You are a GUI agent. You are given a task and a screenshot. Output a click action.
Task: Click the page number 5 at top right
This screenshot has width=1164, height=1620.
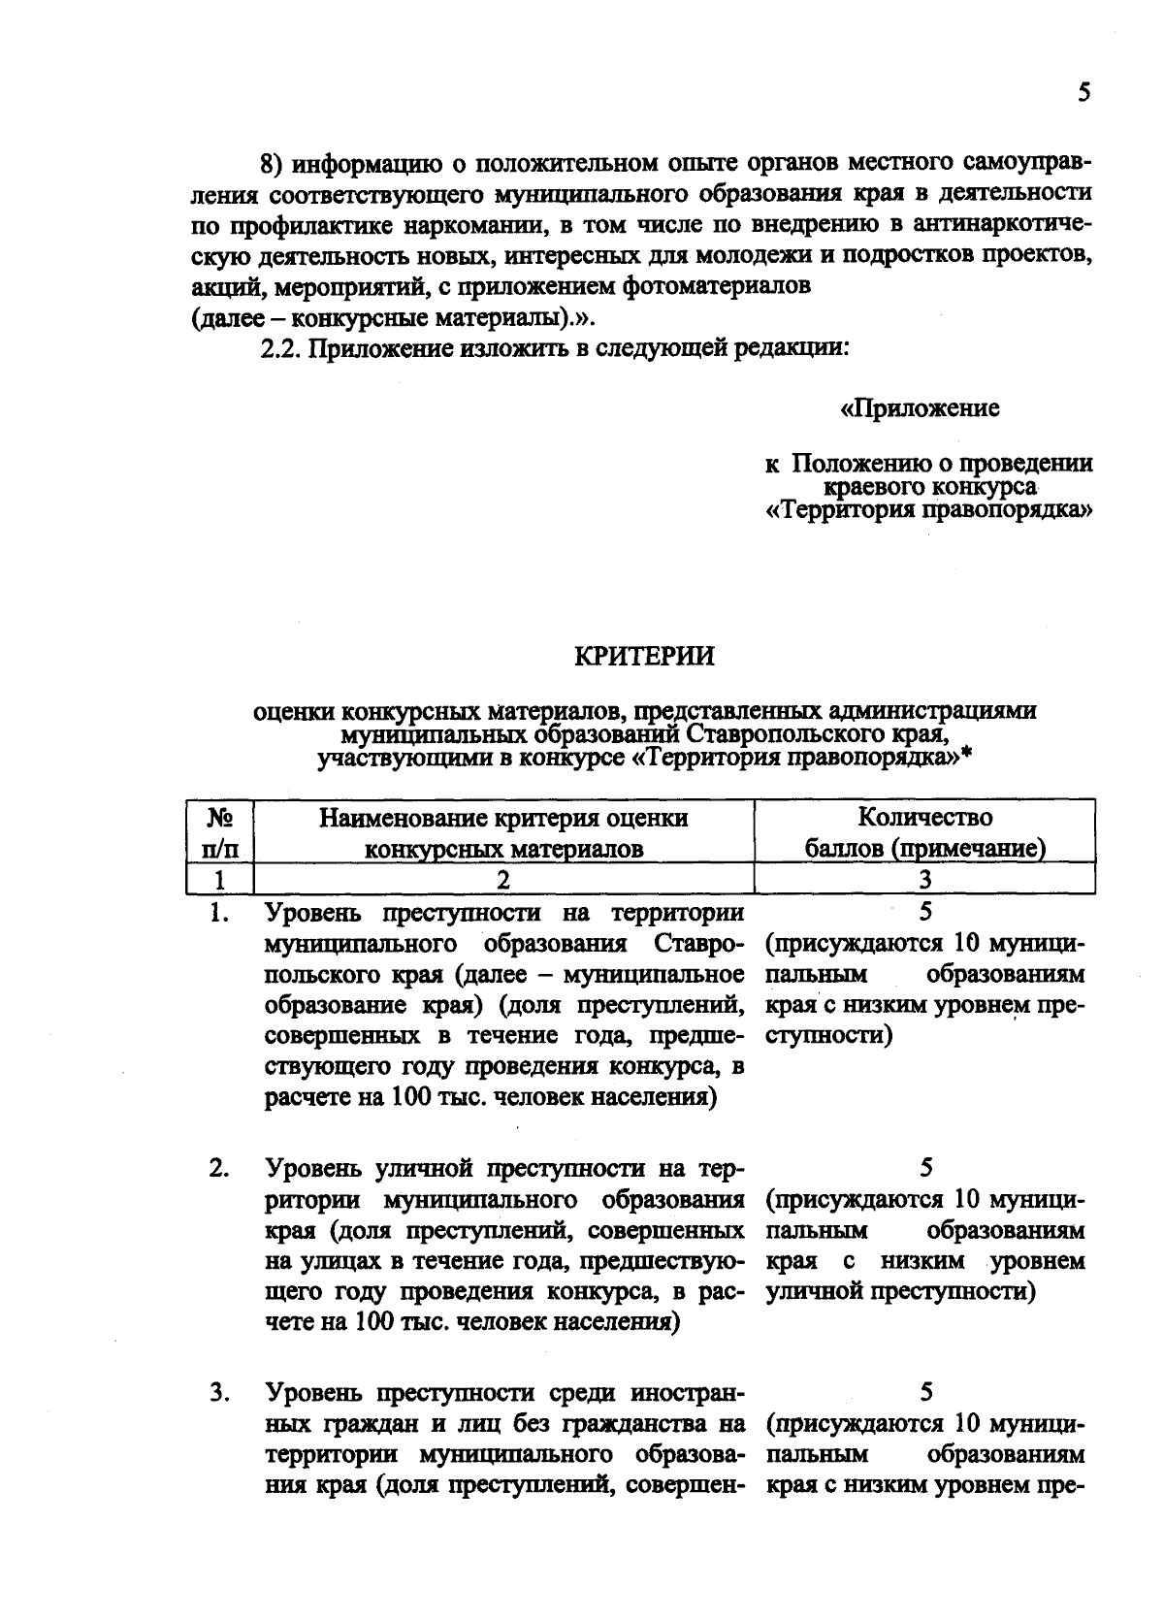click(1083, 93)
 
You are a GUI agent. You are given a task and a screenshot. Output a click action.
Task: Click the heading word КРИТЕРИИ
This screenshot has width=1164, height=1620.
click(644, 657)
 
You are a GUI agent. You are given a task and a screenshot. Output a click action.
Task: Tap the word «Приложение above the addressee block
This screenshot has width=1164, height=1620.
click(920, 408)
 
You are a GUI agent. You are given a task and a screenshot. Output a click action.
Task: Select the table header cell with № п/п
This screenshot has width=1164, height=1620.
click(220, 832)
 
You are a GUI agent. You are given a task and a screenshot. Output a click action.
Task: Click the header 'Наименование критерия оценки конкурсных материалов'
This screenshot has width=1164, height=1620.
click(503, 832)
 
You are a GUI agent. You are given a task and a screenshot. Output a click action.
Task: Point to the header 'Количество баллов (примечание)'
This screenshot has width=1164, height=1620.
click(924, 832)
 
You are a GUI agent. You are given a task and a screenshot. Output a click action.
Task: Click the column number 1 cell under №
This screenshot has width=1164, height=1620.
click(220, 880)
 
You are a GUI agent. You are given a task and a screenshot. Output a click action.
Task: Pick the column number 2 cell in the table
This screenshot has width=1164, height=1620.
click(503, 880)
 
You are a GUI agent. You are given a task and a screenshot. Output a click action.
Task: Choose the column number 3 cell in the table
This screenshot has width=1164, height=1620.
click(924, 880)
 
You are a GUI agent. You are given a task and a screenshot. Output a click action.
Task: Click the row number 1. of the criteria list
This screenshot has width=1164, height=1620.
click(218, 913)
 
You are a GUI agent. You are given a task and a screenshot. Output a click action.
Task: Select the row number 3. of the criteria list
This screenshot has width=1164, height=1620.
click(218, 1393)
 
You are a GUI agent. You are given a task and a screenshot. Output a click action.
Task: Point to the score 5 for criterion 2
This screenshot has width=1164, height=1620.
click(925, 1167)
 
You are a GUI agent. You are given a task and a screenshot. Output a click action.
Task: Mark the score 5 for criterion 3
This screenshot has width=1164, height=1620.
click(925, 1393)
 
